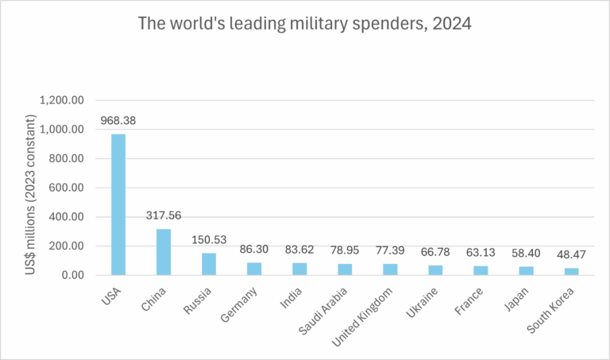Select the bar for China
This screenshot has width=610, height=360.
163,252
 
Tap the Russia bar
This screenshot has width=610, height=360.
208,264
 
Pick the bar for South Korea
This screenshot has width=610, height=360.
571,271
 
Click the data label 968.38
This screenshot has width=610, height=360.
118,122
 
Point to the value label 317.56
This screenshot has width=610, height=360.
163,217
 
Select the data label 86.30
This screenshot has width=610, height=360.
253,250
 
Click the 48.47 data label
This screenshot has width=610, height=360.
571,255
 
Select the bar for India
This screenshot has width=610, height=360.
299,269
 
